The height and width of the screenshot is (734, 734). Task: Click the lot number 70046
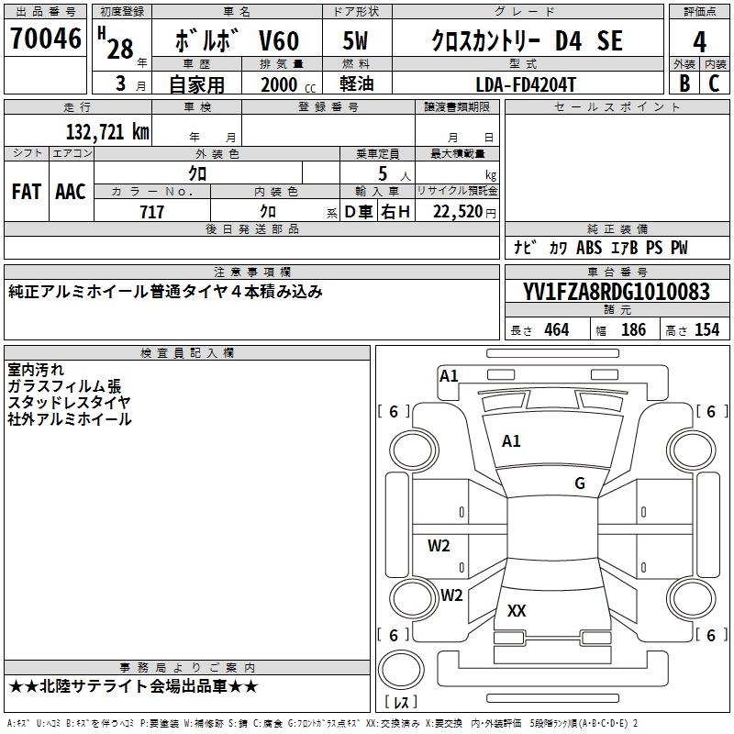click(x=46, y=39)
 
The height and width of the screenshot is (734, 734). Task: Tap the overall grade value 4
click(x=700, y=42)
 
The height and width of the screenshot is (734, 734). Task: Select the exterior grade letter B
click(x=684, y=83)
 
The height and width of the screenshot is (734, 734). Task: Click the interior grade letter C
click(x=715, y=83)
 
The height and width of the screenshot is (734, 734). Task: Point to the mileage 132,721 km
click(x=108, y=132)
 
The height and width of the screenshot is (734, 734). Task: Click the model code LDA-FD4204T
click(x=528, y=83)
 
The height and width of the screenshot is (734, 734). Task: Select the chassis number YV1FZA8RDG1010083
click(x=617, y=293)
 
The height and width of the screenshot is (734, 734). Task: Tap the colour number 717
click(x=152, y=212)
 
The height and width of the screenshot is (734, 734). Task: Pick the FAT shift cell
click(x=27, y=192)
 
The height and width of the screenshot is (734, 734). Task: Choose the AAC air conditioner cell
click(x=70, y=192)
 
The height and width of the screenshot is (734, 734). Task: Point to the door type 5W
click(x=356, y=40)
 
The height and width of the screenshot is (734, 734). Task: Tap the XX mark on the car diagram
click(x=517, y=611)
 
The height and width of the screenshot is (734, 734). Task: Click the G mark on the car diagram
click(x=580, y=484)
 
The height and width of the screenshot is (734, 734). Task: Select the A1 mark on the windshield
click(x=511, y=441)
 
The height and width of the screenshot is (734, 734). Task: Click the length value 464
click(x=556, y=330)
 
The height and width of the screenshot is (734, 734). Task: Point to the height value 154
click(x=707, y=330)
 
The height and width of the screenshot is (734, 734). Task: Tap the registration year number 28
click(x=120, y=49)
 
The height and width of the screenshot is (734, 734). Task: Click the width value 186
click(x=633, y=330)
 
